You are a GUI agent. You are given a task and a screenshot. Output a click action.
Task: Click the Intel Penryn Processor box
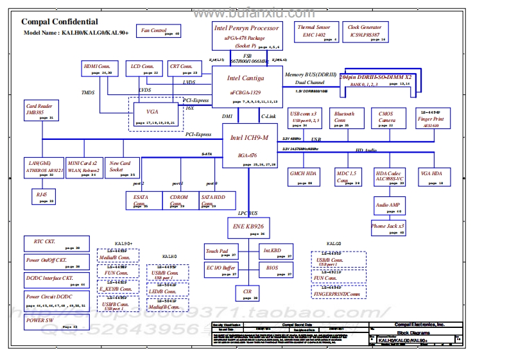tap(247, 36)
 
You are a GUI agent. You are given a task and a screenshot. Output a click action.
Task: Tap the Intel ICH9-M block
tap(250, 146)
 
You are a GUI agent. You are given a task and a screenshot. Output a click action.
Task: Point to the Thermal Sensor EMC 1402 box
tap(315, 32)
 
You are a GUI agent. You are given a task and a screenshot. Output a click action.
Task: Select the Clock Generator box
tap(365, 32)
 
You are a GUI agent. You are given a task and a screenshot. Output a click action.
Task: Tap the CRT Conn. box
tap(182, 69)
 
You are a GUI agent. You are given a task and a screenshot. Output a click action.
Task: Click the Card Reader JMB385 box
tap(39, 110)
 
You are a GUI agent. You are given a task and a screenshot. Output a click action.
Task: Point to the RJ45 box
tap(43, 196)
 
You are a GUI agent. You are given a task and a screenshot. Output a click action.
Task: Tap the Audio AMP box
tap(388, 207)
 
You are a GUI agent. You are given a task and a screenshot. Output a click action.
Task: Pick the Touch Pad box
tap(217, 253)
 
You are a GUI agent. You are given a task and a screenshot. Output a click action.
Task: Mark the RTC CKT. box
tap(55, 244)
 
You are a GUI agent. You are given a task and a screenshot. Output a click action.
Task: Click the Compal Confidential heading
tap(60, 22)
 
